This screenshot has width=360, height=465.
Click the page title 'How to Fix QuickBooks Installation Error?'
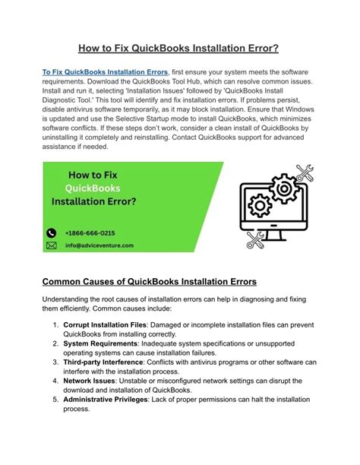[180, 48]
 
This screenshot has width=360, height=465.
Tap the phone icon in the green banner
[52, 232]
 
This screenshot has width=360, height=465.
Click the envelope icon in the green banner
[52, 245]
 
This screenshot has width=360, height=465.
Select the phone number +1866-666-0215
[90, 232]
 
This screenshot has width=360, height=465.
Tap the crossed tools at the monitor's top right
[304, 173]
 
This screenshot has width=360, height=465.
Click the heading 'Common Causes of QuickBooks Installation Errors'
[150, 282]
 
